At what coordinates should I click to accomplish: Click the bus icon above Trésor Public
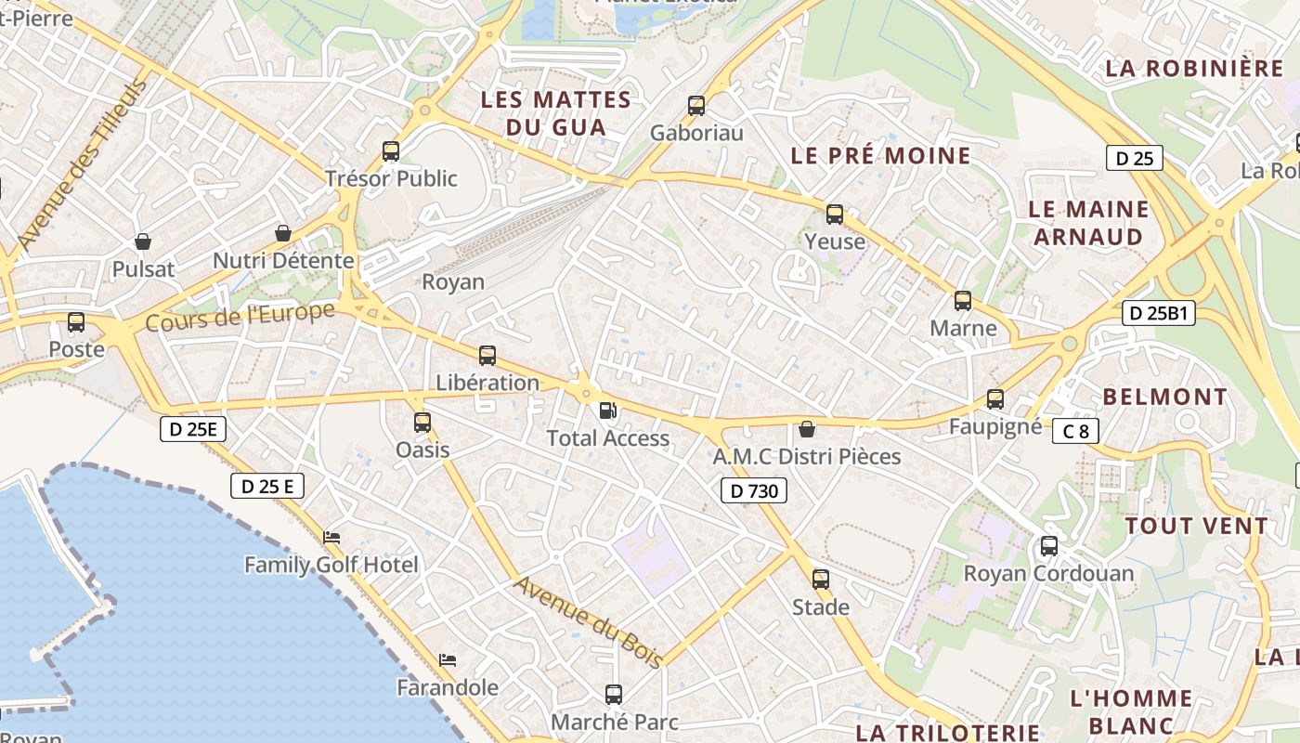[x=391, y=151]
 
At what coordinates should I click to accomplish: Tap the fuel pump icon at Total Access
[x=607, y=410]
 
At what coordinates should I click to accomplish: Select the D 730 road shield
[x=754, y=490]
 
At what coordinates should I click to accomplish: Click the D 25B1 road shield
[x=1158, y=313]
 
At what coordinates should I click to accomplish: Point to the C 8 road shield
[x=1075, y=431]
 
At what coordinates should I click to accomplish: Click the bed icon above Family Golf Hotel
[x=331, y=538]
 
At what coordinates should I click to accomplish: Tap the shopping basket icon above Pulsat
[x=143, y=242]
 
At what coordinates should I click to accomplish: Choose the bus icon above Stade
[x=821, y=580]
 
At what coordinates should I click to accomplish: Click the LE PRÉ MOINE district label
[x=880, y=156]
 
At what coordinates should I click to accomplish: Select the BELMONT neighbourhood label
[x=1164, y=398]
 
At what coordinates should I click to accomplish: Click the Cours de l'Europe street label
[x=240, y=318]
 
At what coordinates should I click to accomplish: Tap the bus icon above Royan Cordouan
[x=1049, y=546]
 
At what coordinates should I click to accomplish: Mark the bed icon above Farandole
[x=448, y=660]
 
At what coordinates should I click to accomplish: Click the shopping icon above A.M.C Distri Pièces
[x=807, y=429]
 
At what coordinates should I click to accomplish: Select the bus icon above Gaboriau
[x=696, y=106]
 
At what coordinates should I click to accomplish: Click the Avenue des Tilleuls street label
[x=82, y=165]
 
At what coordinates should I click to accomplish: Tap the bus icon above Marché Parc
[x=614, y=694]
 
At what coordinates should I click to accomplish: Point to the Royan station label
[x=453, y=281]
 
